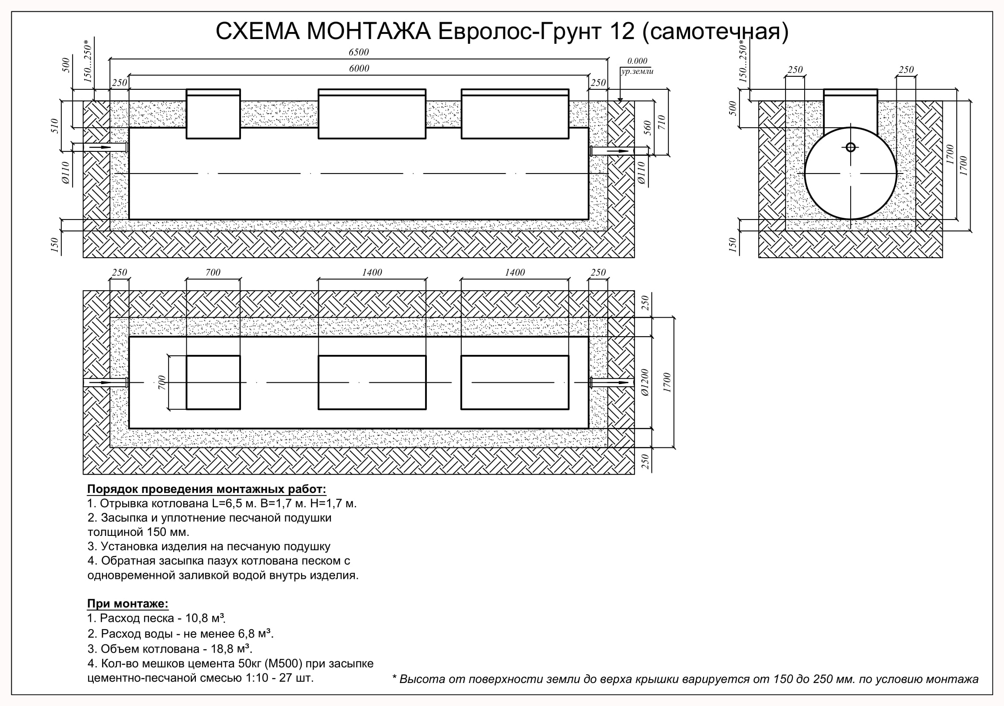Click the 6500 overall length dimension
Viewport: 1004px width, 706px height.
359,53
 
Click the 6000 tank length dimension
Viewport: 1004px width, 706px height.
359,69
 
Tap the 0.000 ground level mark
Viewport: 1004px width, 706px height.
637,61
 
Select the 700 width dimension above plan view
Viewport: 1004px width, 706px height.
213,273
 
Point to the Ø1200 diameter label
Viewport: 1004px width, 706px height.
644,382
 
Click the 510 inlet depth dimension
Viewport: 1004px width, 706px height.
55,126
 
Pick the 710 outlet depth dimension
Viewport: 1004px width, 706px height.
661,122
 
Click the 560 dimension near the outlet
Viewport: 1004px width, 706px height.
648,128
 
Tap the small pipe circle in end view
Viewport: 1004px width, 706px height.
851,147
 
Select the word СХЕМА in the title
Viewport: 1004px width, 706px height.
258,31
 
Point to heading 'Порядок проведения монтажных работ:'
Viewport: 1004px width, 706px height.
206,489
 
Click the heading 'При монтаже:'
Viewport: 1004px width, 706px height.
128,604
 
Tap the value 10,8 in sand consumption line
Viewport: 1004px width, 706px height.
198,618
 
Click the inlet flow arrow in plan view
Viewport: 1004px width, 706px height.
100,383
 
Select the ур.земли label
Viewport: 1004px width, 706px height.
637,71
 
